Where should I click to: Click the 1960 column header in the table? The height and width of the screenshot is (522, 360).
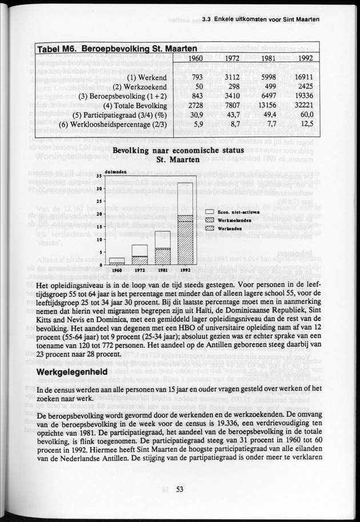pos(195,59)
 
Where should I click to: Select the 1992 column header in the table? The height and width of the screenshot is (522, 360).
pos(305,59)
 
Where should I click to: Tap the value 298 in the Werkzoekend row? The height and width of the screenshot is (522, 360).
pos(232,86)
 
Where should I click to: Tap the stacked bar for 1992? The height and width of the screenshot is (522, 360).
pos(185,223)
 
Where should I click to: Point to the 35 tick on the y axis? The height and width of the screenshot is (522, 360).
pos(99,176)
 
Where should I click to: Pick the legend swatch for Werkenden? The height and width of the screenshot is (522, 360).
pos(209,228)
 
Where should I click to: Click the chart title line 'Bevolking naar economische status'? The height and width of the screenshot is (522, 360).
pos(179,150)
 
